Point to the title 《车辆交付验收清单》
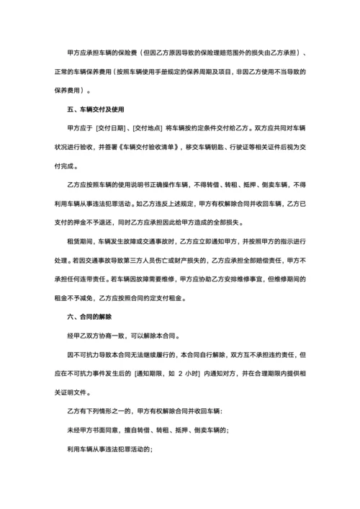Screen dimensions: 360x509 [x=153, y=147]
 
